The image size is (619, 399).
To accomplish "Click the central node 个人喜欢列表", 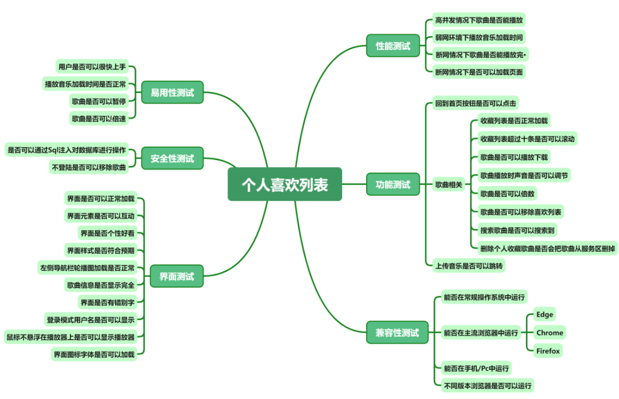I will pyautogui.click(x=285, y=185).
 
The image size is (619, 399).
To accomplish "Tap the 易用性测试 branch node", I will pyautogui.click(x=172, y=93).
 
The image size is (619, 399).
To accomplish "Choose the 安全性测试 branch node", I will pyautogui.click(x=172, y=159).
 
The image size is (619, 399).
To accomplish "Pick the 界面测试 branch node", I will pyautogui.click(x=172, y=276).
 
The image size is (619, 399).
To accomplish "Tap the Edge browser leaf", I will pyautogui.click(x=545, y=315).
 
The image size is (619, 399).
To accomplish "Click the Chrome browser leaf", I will pyautogui.click(x=549, y=333).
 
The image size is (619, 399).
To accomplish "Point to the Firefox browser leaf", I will pyautogui.click(x=547, y=351).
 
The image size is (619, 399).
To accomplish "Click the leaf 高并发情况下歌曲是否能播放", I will pyautogui.click(x=478, y=20).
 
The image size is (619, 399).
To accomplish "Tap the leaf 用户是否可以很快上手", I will pyautogui.click(x=92, y=67).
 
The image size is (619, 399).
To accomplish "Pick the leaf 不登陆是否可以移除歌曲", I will pyautogui.click(x=89, y=167).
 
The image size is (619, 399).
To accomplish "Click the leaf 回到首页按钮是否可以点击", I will pyautogui.click(x=475, y=103).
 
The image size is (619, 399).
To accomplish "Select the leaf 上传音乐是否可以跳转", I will pyautogui.click(x=468, y=266).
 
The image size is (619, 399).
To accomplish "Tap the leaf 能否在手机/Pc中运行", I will pyautogui.click(x=477, y=368).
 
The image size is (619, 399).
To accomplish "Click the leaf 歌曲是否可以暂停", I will pyautogui.click(x=99, y=101).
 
